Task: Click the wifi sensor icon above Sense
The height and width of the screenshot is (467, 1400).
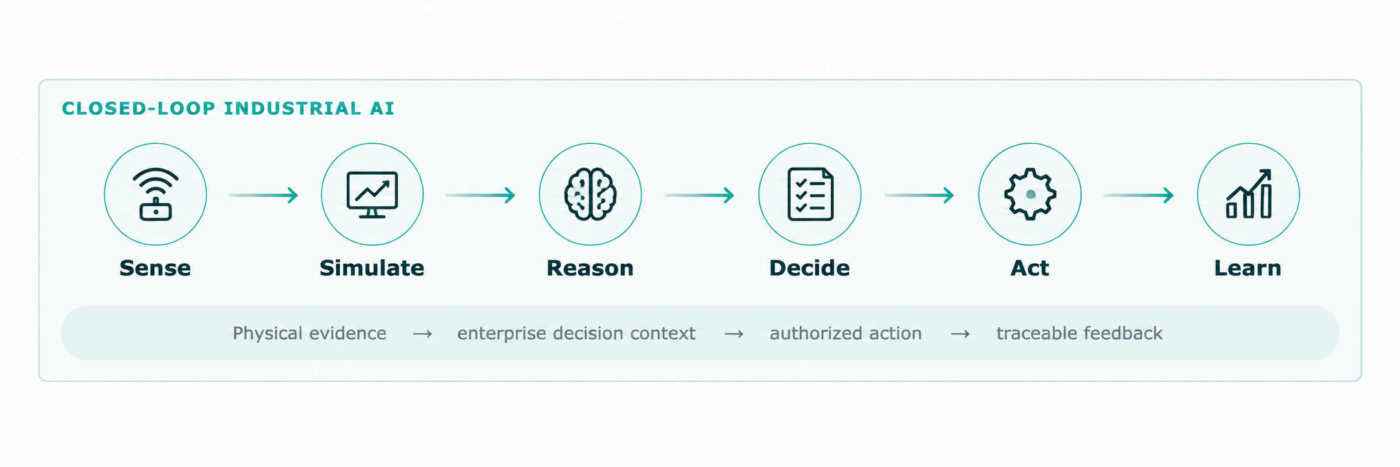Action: point(155,194)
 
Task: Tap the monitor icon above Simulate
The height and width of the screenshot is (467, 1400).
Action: point(372,194)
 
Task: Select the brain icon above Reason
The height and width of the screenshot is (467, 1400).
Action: point(590,194)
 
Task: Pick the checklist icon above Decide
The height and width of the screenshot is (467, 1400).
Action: point(810,194)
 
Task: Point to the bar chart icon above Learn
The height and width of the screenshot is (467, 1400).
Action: point(1249,194)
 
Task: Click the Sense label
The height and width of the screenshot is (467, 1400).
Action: point(155,268)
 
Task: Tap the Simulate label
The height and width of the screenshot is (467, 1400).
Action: point(372,268)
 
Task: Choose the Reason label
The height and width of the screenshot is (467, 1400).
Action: point(590,268)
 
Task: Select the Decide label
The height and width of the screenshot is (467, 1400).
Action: point(810,268)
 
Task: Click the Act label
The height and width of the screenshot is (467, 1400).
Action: point(1030,268)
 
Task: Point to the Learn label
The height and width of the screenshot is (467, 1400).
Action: point(1248,268)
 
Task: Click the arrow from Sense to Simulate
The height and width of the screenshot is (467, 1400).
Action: point(263,195)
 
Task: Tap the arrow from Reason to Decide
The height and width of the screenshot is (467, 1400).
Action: point(699,195)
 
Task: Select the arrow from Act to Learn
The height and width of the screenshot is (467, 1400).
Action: point(1138,195)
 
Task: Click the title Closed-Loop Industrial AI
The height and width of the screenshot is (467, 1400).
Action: point(228,108)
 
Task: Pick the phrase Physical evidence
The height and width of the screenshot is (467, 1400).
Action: point(309,333)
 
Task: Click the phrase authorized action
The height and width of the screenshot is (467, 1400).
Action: point(846,333)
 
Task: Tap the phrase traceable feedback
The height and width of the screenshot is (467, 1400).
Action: point(1080,333)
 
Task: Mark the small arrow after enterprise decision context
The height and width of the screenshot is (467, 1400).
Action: point(734,334)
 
